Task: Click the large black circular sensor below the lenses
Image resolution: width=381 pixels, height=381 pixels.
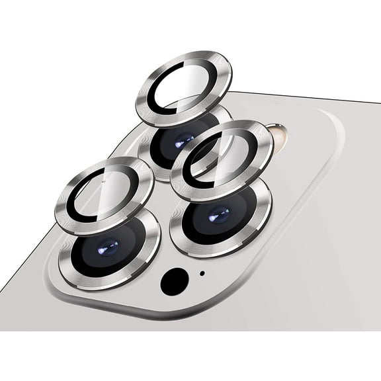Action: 173,280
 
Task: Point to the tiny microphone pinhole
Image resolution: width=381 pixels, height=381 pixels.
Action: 202,273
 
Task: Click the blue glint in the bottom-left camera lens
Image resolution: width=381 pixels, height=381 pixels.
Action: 108,247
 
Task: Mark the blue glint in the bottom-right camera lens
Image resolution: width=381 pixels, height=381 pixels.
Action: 219,214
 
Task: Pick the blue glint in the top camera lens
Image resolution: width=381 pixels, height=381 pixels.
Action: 183,140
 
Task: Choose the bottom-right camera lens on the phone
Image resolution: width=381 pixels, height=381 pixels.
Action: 220,217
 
